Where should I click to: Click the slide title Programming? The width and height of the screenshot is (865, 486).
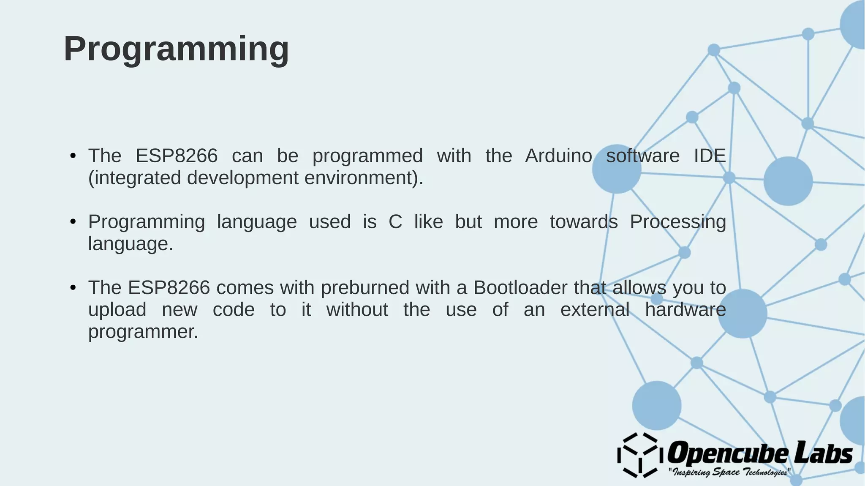pos(176,49)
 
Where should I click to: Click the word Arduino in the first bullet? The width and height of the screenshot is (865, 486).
pos(558,156)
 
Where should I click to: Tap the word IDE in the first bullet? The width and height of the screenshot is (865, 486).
pos(710,156)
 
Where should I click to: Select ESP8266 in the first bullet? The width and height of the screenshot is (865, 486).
pos(176,156)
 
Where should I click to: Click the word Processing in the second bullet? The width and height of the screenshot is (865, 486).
pos(677,222)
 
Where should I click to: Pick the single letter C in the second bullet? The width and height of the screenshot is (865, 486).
pos(395,222)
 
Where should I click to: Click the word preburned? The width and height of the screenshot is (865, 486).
pos(364,288)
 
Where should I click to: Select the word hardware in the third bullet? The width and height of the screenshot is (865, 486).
pos(685,310)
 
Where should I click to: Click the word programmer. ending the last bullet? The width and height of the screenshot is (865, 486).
pos(143,332)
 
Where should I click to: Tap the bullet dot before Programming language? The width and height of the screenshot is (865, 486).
pos(73,222)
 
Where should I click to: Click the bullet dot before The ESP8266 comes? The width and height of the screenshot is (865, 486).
pos(73,288)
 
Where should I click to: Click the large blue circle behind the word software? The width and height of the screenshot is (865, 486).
pos(617,169)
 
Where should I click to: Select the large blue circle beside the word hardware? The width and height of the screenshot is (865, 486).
pos(743,314)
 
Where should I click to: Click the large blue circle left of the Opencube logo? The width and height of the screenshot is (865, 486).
pos(656,405)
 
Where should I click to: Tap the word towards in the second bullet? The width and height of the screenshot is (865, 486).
pos(583,222)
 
